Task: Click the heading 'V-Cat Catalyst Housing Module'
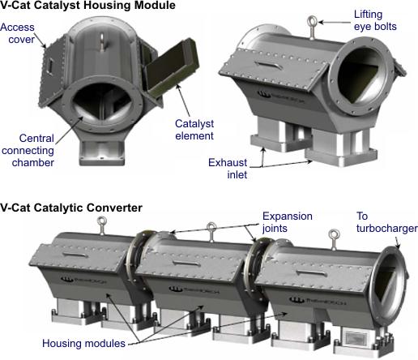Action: coord(87,6)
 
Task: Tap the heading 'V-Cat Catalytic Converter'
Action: coord(71,208)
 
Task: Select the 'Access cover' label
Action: coord(18,33)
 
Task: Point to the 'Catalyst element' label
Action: coord(194,130)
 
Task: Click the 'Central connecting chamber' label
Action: coord(28,150)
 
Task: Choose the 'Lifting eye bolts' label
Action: coord(375,20)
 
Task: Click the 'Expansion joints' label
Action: coord(288,222)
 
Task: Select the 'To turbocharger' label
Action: coord(386,222)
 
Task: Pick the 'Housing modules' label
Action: coord(83,343)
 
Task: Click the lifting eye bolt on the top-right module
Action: coord(312,27)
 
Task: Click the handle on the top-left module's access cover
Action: coord(49,66)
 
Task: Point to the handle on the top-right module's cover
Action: coord(269,65)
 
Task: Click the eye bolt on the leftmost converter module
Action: coord(102,225)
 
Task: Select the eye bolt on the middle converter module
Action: coord(211,232)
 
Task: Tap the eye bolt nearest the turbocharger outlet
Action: coord(334,239)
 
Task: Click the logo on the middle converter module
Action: coord(194,290)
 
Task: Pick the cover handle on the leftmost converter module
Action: coord(75,255)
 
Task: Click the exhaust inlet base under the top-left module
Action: coord(102,153)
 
